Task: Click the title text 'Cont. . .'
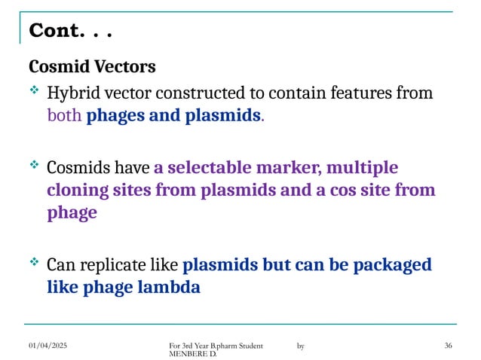[71, 32]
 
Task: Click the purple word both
[65, 117]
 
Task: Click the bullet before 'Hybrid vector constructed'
[33, 91]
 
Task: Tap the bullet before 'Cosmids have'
[33, 163]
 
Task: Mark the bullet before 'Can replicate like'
[33, 262]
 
